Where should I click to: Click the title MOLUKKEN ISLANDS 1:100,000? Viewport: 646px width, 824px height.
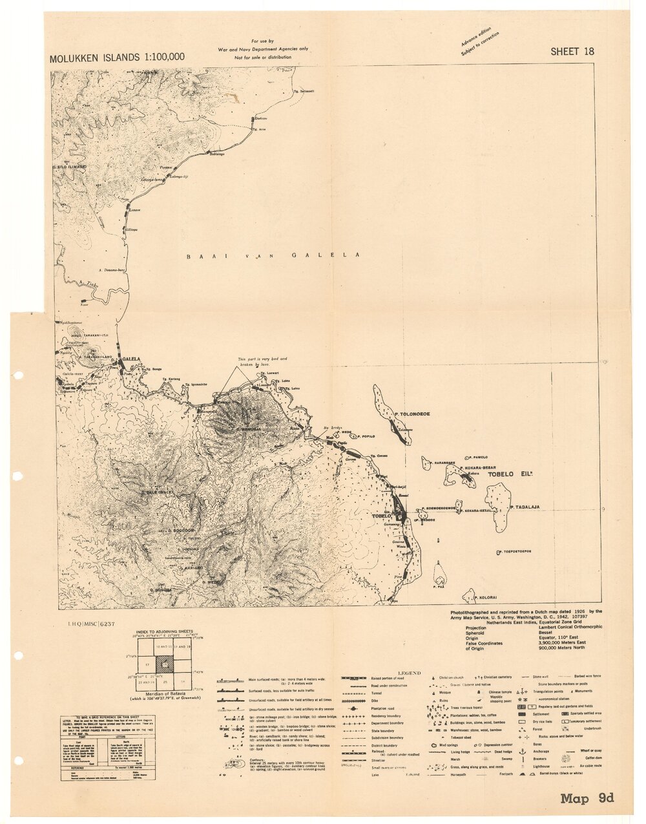117,58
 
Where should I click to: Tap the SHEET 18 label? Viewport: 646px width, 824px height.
572,52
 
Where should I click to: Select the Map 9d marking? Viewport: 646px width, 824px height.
587,798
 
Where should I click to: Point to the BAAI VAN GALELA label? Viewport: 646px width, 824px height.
273,256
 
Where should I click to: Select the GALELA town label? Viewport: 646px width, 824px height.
131,359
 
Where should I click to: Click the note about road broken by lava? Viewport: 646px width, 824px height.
263,362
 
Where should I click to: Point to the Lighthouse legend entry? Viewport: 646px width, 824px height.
541,766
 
